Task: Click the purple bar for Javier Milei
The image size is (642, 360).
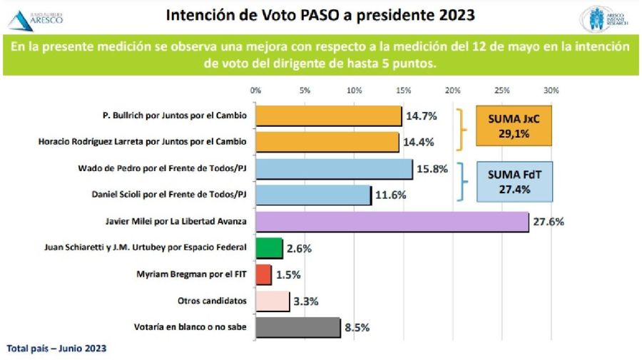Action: pos(391,222)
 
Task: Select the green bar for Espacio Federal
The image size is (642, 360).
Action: pos(268,248)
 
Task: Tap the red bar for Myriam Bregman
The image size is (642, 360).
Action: pos(263,274)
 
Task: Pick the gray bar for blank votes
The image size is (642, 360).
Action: pos(297,327)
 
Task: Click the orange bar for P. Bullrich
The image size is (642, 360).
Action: pos(328,115)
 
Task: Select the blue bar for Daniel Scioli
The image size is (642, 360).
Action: pos(312,195)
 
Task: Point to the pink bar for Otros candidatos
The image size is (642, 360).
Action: pos(272,301)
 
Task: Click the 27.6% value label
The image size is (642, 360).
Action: pos(549,222)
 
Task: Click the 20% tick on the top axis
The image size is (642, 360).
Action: pos(452,91)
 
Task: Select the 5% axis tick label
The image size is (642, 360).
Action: pos(305,91)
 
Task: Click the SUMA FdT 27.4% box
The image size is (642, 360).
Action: pos(519,181)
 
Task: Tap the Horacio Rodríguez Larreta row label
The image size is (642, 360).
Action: pos(142,142)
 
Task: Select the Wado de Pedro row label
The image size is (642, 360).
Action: pos(163,168)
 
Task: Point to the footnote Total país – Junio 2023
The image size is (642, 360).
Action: pos(57,349)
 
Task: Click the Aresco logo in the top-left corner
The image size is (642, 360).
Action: pos(39,18)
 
